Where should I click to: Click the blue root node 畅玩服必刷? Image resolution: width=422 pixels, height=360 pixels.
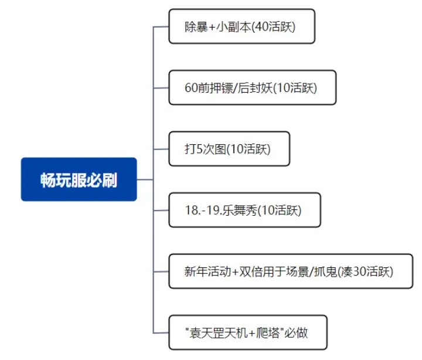[x=79, y=179]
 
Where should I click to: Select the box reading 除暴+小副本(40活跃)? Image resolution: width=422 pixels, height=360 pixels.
[x=241, y=26]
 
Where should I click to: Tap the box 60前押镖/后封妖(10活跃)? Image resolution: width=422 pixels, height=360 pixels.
[x=253, y=87]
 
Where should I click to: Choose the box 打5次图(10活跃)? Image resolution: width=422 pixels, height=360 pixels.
[x=229, y=149]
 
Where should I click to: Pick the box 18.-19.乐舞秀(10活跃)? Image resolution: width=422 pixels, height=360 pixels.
[x=244, y=210]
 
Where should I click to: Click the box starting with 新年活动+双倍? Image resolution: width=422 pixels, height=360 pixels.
[x=291, y=271]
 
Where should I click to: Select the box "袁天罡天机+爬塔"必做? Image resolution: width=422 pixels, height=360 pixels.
[x=248, y=332]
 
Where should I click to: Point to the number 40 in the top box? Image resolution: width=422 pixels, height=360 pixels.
[x=261, y=26]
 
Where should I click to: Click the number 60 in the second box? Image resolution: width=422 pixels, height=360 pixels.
[x=191, y=88]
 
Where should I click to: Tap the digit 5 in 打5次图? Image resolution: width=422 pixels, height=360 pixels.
[x=199, y=149]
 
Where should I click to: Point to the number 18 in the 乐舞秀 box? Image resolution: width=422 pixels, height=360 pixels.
[x=192, y=210]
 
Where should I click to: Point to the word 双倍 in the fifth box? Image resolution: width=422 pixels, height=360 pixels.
[x=251, y=271]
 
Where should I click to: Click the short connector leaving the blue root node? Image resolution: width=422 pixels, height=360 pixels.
[x=145, y=179]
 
